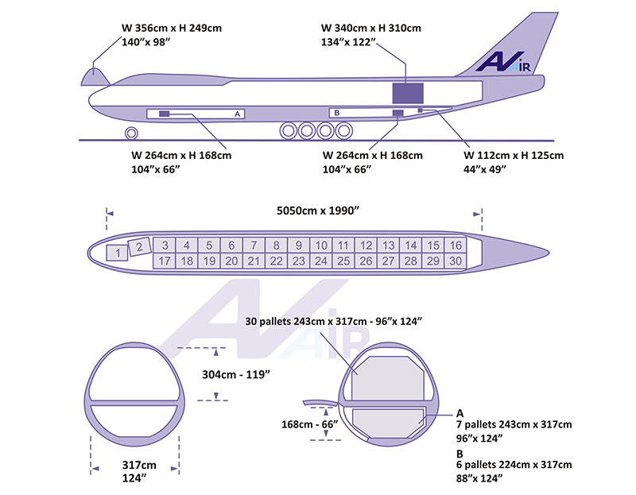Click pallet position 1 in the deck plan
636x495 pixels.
(x=117, y=253)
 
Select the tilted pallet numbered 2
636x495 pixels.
(x=140, y=246)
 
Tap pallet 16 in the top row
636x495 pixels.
(x=456, y=246)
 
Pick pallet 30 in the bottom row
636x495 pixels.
(x=456, y=261)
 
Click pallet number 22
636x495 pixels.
(x=276, y=261)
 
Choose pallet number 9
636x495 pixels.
(x=299, y=246)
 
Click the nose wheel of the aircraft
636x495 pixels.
(x=131, y=133)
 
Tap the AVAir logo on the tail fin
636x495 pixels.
(x=503, y=62)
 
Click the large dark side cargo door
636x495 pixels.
(x=408, y=93)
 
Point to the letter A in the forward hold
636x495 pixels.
(x=237, y=114)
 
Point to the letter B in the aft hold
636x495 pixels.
(x=336, y=113)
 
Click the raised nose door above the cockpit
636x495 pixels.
(x=95, y=77)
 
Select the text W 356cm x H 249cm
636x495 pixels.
(x=172, y=28)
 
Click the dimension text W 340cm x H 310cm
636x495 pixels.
(x=371, y=28)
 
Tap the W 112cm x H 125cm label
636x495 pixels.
(x=514, y=155)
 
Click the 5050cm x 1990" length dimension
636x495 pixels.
(x=318, y=211)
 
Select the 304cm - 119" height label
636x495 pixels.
(x=236, y=374)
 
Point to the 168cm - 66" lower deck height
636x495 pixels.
(x=309, y=424)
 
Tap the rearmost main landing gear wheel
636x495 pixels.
(x=344, y=130)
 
